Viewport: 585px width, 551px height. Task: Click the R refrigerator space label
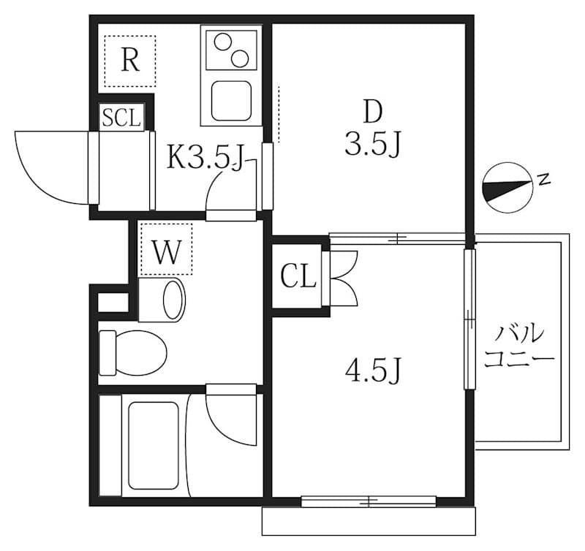click(129, 61)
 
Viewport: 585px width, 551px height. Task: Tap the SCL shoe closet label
click(121, 118)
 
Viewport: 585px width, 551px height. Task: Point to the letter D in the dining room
click(373, 113)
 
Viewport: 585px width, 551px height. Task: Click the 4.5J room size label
click(374, 371)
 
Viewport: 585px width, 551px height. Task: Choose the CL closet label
click(298, 277)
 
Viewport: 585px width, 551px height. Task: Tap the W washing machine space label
click(166, 253)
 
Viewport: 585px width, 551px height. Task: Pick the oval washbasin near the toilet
click(173, 300)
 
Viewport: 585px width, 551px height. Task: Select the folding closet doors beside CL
click(343, 277)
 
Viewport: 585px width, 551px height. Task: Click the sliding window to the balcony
click(469, 319)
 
